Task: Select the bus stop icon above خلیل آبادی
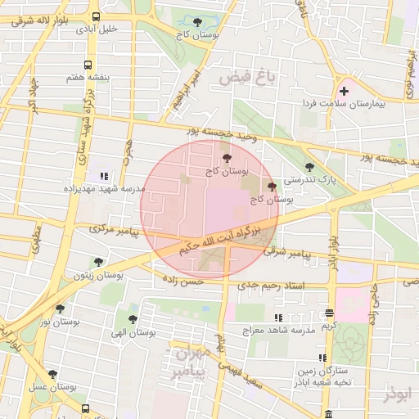97,16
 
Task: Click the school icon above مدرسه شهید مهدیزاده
103,176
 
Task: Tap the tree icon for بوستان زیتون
98,263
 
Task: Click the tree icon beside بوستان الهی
133,320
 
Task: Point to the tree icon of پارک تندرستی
309,168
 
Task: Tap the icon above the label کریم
329,313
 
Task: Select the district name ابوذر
399,395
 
